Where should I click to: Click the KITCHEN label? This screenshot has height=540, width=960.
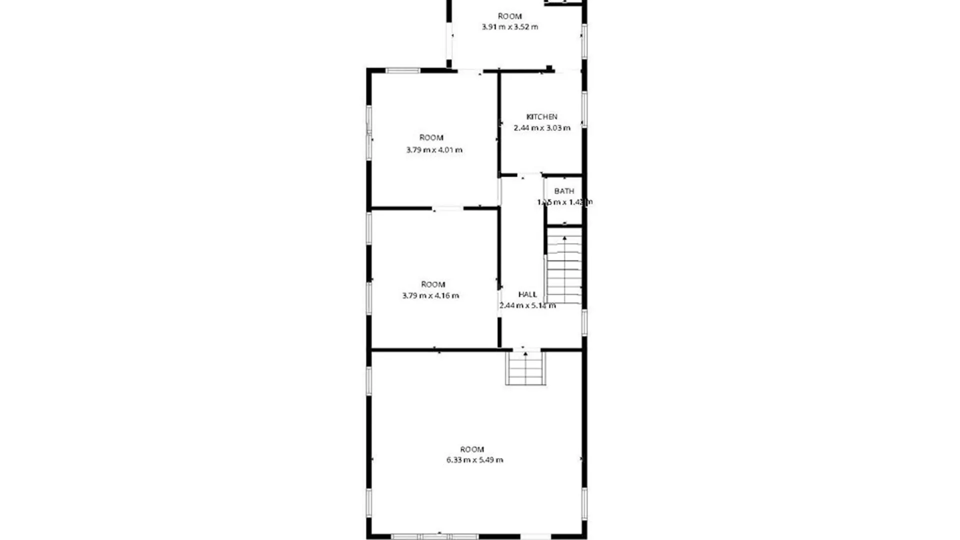tap(541, 117)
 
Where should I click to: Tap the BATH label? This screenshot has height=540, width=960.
tap(564, 191)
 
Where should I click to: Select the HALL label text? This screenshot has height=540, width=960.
tap(527, 294)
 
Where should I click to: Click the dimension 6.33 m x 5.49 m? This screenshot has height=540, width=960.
tap(474, 460)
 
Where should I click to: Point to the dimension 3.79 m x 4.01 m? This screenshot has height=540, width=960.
tap(434, 150)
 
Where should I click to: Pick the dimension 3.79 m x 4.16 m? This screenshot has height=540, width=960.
tap(430, 295)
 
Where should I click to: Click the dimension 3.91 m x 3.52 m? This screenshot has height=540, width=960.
tap(509, 27)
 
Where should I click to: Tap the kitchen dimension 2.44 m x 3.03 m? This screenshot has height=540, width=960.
tap(542, 128)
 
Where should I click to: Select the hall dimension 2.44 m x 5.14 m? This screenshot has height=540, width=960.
tap(527, 305)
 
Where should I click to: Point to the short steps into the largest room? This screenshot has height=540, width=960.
tap(525, 368)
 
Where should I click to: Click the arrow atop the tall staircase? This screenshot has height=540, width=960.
tap(564, 238)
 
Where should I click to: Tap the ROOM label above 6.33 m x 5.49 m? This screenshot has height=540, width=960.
tap(472, 449)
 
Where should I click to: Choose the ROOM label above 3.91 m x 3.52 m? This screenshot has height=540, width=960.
tap(509, 16)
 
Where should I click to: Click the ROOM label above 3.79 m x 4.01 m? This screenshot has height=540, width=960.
tap(431, 137)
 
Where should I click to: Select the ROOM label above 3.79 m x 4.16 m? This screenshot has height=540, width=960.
tap(433, 284)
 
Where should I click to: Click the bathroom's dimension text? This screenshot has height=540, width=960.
tap(564, 202)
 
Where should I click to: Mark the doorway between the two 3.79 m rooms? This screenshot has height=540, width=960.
tap(448, 208)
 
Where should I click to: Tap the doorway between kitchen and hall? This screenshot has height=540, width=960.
tap(523, 175)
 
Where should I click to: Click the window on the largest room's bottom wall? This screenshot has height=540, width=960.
tap(435, 536)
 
